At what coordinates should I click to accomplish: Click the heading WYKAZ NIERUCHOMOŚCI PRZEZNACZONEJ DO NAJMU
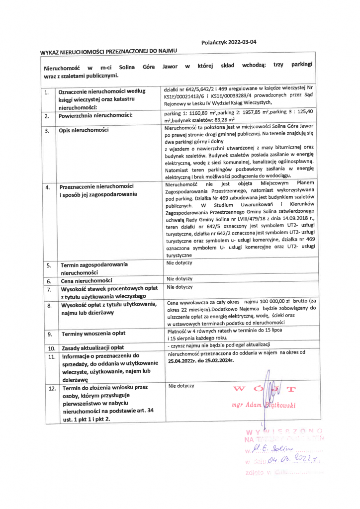click(x=108, y=51)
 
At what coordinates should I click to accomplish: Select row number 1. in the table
click(x=46, y=92)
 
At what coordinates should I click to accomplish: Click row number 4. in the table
click(x=47, y=188)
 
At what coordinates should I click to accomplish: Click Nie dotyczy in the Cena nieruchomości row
click(x=179, y=279)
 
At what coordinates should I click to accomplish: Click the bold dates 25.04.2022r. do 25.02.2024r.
click(x=201, y=359)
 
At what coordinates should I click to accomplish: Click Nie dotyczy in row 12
click(x=181, y=386)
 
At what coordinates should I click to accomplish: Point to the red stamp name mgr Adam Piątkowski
click(x=264, y=405)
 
